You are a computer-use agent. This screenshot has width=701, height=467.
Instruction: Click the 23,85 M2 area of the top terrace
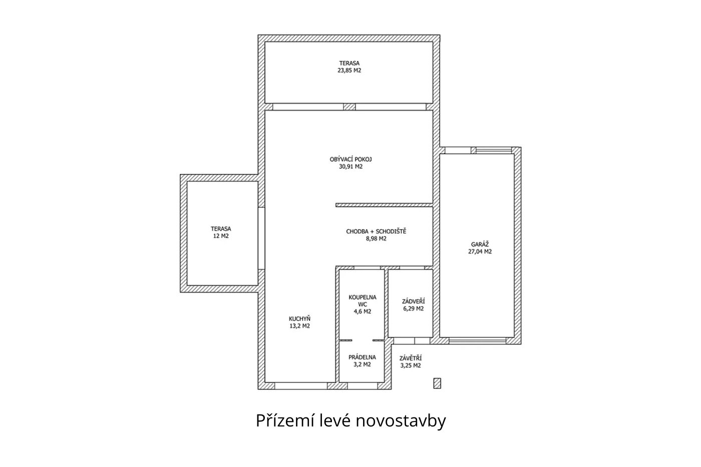pyautogui.click(x=349, y=71)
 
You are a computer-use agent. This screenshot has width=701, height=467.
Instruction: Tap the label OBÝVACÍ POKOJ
pyautogui.click(x=350, y=159)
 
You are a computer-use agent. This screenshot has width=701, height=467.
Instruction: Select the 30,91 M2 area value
pyautogui.click(x=350, y=166)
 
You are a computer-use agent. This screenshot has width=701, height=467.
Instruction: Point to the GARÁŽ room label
pyautogui.click(x=480, y=244)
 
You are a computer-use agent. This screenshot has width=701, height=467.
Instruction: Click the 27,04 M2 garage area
pyautogui.click(x=480, y=251)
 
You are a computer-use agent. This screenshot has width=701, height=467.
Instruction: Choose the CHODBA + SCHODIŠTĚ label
pyautogui.click(x=376, y=231)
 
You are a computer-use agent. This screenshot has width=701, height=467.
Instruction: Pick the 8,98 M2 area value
pyautogui.click(x=376, y=239)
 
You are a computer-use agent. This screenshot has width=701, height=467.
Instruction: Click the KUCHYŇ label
pyautogui.click(x=299, y=319)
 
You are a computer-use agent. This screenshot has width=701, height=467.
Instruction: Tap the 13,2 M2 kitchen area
pyautogui.click(x=299, y=326)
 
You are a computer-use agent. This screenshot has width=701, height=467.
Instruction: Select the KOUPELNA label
pyautogui.click(x=363, y=297)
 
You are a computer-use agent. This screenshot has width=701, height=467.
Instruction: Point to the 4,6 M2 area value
pyautogui.click(x=363, y=311)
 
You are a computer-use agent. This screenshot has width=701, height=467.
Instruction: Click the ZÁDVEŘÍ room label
pyautogui.click(x=413, y=301)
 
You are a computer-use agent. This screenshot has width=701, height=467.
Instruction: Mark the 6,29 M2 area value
pyautogui.click(x=413, y=309)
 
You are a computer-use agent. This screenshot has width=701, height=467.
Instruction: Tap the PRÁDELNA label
pyautogui.click(x=362, y=357)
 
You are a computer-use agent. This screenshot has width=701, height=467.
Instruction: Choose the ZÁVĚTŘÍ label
pyautogui.click(x=410, y=358)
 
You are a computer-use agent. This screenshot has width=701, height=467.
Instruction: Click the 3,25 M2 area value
pyautogui.click(x=410, y=366)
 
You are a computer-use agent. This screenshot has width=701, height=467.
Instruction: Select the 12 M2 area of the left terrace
pyautogui.click(x=221, y=236)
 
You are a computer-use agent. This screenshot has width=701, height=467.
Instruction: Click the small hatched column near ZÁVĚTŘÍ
pyautogui.click(x=437, y=383)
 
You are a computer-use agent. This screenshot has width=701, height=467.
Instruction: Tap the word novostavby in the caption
pyautogui.click(x=401, y=421)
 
